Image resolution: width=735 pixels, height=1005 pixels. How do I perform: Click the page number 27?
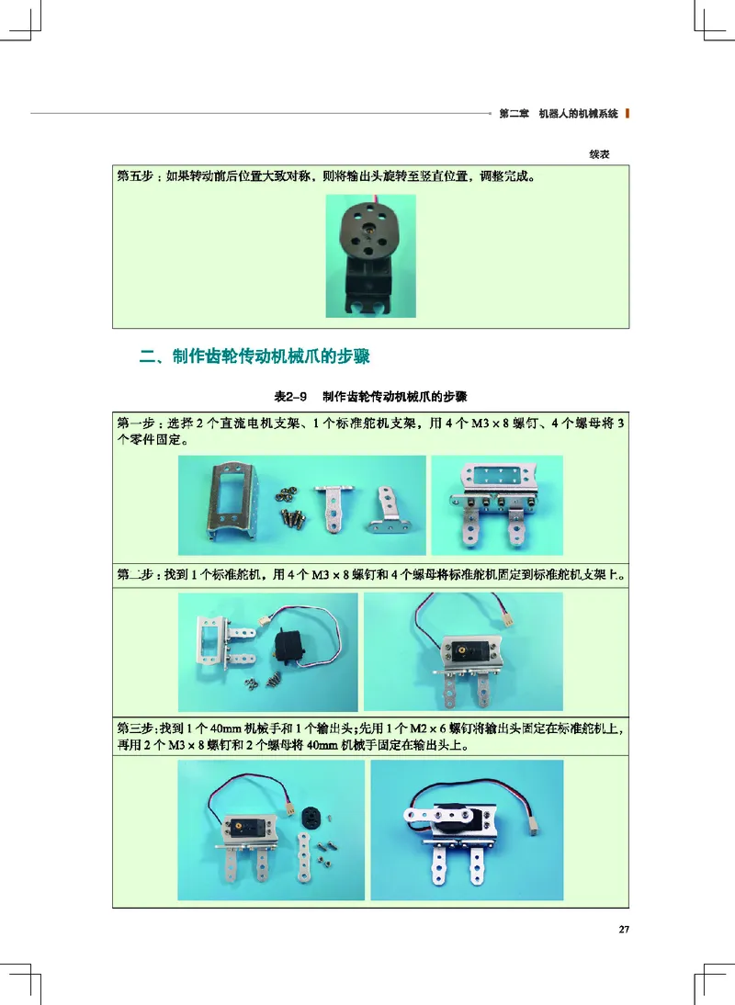(x=624, y=930)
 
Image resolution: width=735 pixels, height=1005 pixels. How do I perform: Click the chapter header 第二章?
(x=514, y=115)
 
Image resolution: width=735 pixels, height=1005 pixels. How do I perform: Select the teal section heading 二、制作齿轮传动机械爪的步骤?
(x=259, y=356)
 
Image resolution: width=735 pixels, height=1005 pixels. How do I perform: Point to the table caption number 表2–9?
(x=291, y=397)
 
